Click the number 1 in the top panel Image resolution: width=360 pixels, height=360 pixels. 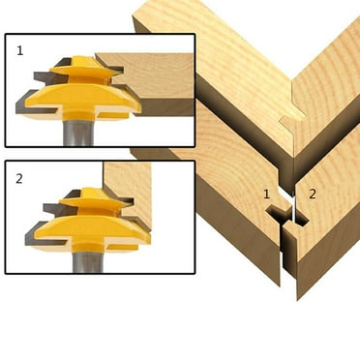click(19, 48)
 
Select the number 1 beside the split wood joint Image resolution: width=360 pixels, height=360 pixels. click(267, 195)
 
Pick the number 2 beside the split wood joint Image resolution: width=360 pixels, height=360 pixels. click(313, 195)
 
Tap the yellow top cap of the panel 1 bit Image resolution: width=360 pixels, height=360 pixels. click(85, 65)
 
